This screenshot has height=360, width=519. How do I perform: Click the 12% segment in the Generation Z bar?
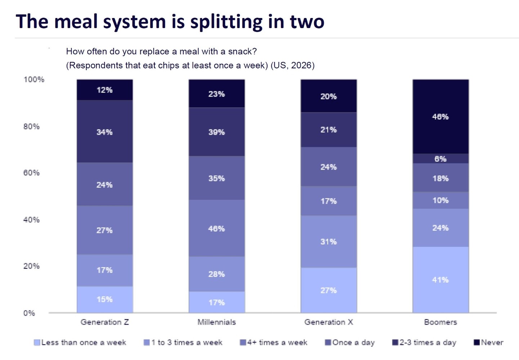[x=105, y=90]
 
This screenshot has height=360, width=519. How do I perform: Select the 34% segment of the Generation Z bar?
[x=105, y=131]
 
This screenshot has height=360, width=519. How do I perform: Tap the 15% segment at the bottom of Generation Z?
[x=105, y=300]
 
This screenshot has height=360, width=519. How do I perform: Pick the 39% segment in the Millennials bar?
[x=216, y=132]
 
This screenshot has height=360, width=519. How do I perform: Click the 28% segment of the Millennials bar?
[x=216, y=274]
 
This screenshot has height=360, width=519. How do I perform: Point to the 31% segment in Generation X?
[x=328, y=242]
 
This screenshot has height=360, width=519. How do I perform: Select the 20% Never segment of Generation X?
[x=328, y=96]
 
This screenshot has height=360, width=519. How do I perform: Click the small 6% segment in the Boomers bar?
[x=440, y=158]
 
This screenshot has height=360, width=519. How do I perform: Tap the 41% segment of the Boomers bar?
[x=440, y=280]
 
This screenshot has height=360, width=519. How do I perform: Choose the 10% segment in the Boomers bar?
[x=440, y=200]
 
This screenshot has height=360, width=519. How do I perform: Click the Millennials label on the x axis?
[x=216, y=322]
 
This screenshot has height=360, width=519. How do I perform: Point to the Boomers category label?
[x=440, y=322]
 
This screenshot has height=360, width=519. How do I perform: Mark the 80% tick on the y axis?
[x=31, y=126]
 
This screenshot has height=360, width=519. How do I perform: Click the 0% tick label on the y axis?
[x=29, y=313]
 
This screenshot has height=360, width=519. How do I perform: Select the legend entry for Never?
[x=488, y=342]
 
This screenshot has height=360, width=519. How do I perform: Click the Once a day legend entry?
[x=350, y=342]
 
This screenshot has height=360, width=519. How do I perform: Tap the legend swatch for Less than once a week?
[x=37, y=342]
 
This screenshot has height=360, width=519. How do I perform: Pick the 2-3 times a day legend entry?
[x=424, y=342]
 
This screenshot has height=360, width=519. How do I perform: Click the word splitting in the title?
[x=226, y=22]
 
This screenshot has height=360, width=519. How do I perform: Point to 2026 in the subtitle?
[x=301, y=65]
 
